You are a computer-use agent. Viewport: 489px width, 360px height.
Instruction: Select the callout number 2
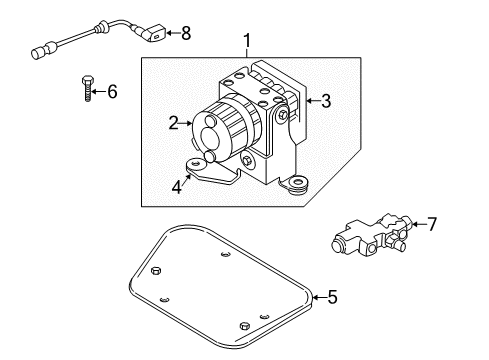pyautogui.click(x=172, y=124)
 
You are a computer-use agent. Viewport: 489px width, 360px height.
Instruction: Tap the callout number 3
pyautogui.click(x=325, y=101)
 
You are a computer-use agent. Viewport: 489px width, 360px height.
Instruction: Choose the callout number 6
pyautogui.click(x=111, y=92)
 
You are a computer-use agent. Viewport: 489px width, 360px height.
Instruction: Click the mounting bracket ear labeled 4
pyautogui.click(x=198, y=166)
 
